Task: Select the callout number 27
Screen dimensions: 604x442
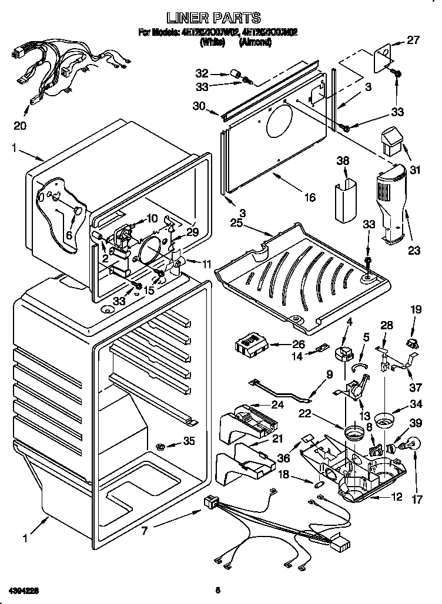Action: pyautogui.click(x=413, y=41)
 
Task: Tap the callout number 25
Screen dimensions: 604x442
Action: pyautogui.click(x=236, y=224)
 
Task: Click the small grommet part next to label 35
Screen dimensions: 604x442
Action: pyautogui.click(x=159, y=448)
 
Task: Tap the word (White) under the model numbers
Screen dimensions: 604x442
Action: pyautogui.click(x=213, y=42)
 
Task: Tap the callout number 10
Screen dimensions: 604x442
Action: pyautogui.click(x=152, y=218)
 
